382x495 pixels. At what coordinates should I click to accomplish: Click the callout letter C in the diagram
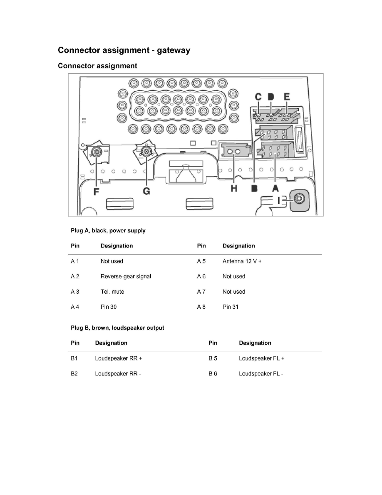[258, 97]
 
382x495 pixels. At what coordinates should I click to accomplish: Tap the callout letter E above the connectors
[286, 97]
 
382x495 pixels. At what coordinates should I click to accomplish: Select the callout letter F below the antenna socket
[97, 192]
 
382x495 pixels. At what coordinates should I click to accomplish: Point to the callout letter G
[146, 191]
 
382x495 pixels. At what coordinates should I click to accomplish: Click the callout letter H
[234, 188]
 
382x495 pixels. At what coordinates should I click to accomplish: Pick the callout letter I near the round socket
[279, 200]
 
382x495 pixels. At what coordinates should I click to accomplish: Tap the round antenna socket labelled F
[96, 153]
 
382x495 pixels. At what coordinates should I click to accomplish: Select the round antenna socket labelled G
[146, 152]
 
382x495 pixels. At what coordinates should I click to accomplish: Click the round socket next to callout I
[299, 199]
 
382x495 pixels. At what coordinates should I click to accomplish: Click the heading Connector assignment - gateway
[124, 50]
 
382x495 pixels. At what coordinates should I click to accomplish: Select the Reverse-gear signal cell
[126, 277]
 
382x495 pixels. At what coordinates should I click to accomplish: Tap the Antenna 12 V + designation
[242, 261]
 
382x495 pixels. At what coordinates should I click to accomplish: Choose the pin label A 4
[75, 307]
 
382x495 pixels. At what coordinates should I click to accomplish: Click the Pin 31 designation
[231, 307]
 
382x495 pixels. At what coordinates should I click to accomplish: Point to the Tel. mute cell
[112, 292]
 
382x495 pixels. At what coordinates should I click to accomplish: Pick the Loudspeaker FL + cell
[262, 358]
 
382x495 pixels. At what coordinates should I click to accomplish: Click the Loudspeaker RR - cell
[118, 374]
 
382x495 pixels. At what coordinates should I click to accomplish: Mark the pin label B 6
[213, 374]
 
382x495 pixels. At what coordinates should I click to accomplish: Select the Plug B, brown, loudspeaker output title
[117, 328]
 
